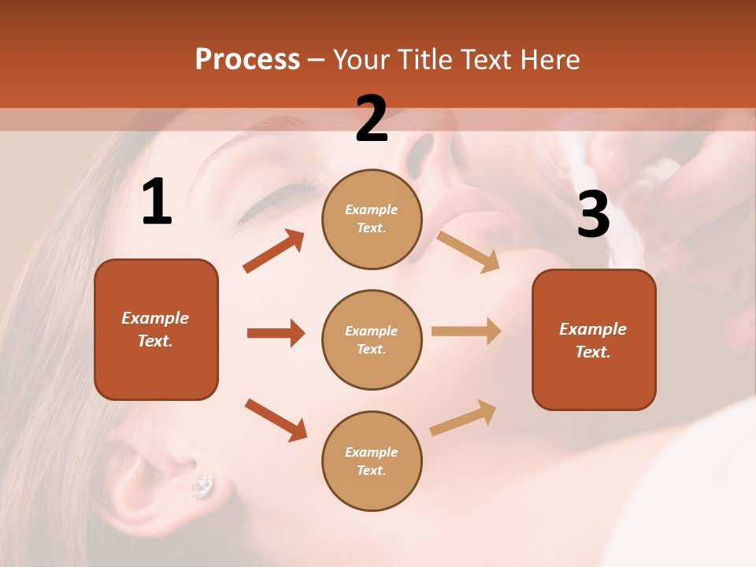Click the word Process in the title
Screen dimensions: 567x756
pyautogui.click(x=247, y=60)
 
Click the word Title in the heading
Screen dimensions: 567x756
pyautogui.click(x=424, y=60)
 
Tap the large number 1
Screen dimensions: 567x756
pyautogui.click(x=157, y=202)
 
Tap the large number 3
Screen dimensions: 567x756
pyautogui.click(x=593, y=214)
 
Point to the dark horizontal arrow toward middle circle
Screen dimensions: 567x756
pyautogui.click(x=276, y=333)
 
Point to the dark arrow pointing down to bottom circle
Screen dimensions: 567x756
pyautogui.click(x=276, y=420)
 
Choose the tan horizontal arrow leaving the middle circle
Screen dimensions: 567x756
pyautogui.click(x=466, y=332)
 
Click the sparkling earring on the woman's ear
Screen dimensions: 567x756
pyautogui.click(x=202, y=485)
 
